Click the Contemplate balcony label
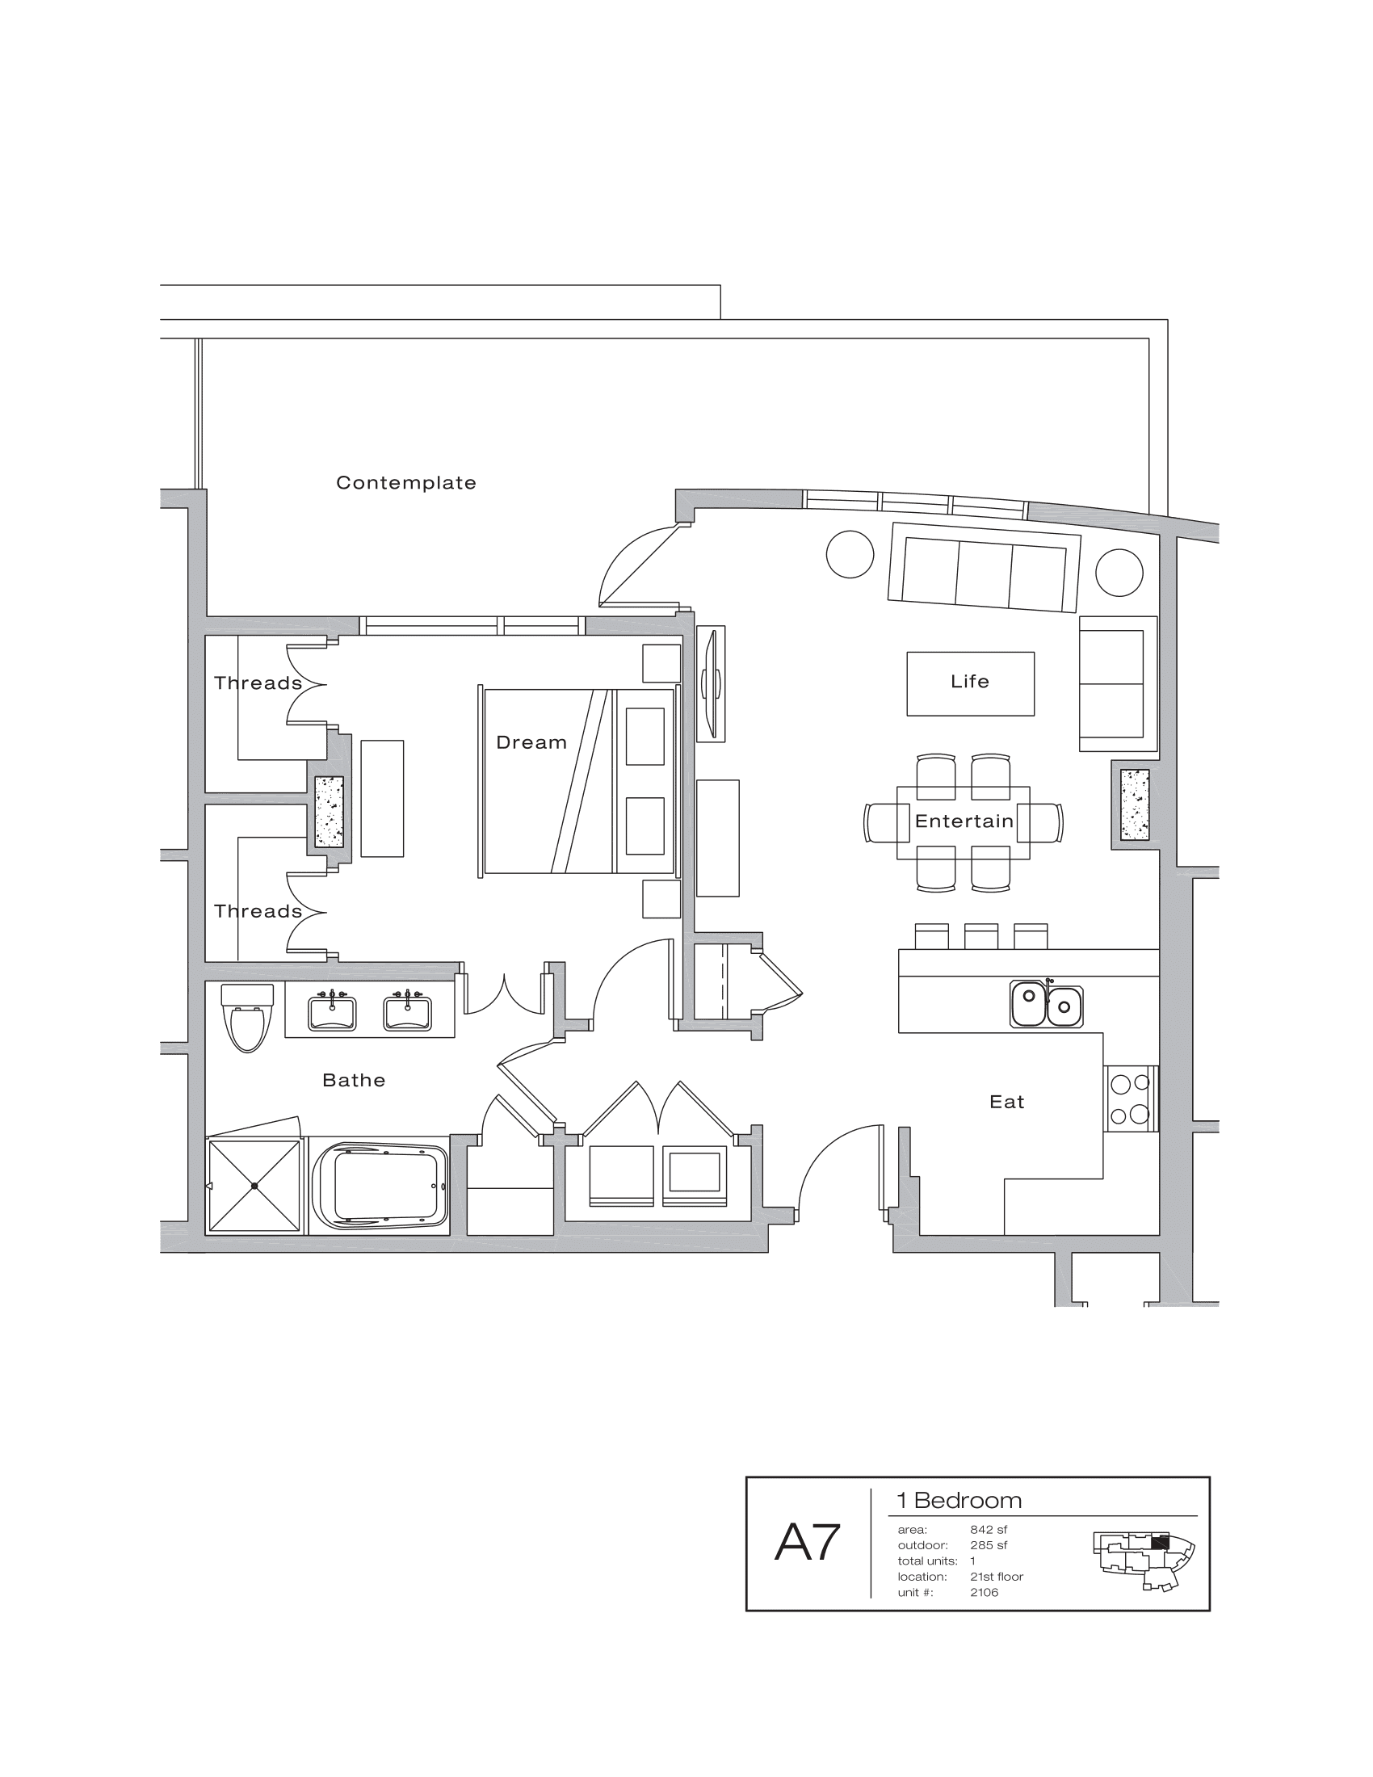click(406, 482)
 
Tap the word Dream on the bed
click(531, 742)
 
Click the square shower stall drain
click(254, 1187)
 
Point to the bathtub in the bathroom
click(380, 1187)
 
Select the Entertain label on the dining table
click(964, 821)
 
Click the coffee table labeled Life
click(970, 683)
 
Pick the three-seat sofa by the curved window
click(984, 567)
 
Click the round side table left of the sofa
click(850, 554)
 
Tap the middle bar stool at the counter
click(981, 936)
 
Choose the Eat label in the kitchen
click(1006, 1102)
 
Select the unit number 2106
click(985, 1592)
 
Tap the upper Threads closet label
click(258, 683)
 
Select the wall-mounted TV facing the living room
click(712, 683)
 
